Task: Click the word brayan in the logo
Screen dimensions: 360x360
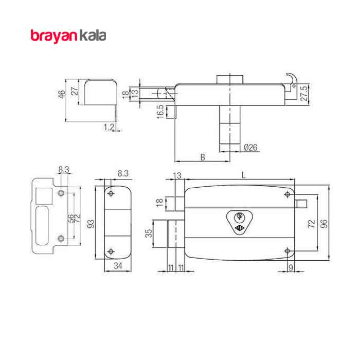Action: click(53, 37)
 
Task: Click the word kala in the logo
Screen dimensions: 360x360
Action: click(93, 35)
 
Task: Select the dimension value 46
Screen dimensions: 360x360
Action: click(62, 94)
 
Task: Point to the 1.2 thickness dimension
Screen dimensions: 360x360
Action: click(109, 127)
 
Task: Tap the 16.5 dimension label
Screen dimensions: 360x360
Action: click(160, 112)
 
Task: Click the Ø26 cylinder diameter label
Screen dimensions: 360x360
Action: click(250, 147)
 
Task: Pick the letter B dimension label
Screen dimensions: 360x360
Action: click(203, 157)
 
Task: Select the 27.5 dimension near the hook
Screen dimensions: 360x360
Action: click(304, 93)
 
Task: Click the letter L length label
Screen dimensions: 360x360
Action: click(244, 175)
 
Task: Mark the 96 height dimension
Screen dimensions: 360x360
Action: click(323, 224)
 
